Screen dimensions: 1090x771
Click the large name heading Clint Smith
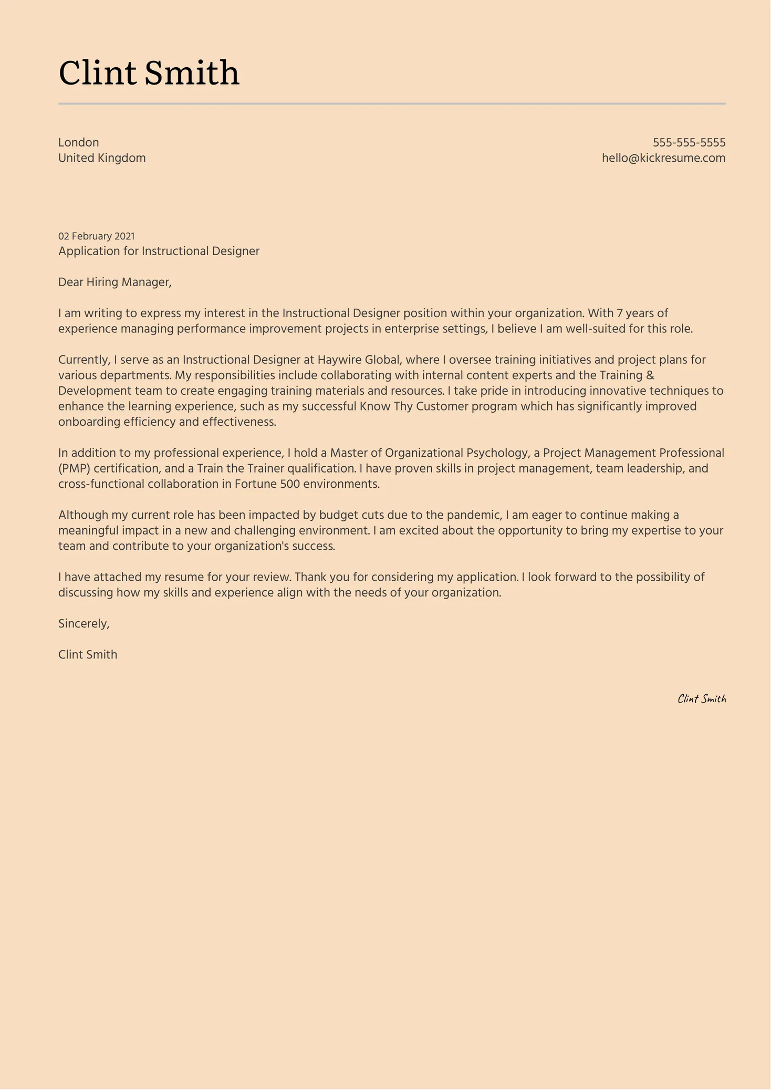coord(149,72)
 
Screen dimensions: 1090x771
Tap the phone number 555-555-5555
coord(689,142)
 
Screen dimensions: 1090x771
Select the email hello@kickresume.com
coord(663,158)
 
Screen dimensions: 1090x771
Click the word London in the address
coord(78,142)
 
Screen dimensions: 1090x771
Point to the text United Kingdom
coord(102,158)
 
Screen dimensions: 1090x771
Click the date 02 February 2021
coord(96,236)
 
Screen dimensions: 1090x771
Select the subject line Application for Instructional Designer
coord(159,251)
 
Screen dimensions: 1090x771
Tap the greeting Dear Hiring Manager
coord(114,282)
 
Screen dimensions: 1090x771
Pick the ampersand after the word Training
coord(650,375)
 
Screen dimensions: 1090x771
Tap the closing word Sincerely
coord(84,624)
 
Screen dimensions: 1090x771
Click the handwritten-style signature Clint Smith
coord(701,699)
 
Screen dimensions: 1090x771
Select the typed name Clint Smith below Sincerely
coord(88,655)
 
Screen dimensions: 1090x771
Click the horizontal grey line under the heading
coord(392,104)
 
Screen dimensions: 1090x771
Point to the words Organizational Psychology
coord(456,453)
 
